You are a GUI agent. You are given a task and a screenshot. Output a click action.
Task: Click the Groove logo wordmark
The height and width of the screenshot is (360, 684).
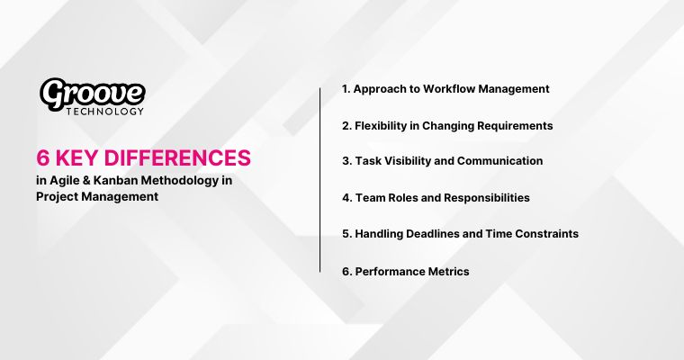(92, 93)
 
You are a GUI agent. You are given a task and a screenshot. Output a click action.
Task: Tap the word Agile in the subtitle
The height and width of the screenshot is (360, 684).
(63, 180)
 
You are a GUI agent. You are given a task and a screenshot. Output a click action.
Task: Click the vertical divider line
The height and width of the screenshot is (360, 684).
(320, 180)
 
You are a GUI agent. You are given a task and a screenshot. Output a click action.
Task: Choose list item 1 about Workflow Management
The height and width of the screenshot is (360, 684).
(445, 89)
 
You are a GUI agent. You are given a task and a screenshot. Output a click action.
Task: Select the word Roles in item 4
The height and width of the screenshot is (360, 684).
(403, 197)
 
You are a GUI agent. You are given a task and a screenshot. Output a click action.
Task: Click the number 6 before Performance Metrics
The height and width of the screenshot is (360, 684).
(346, 271)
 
